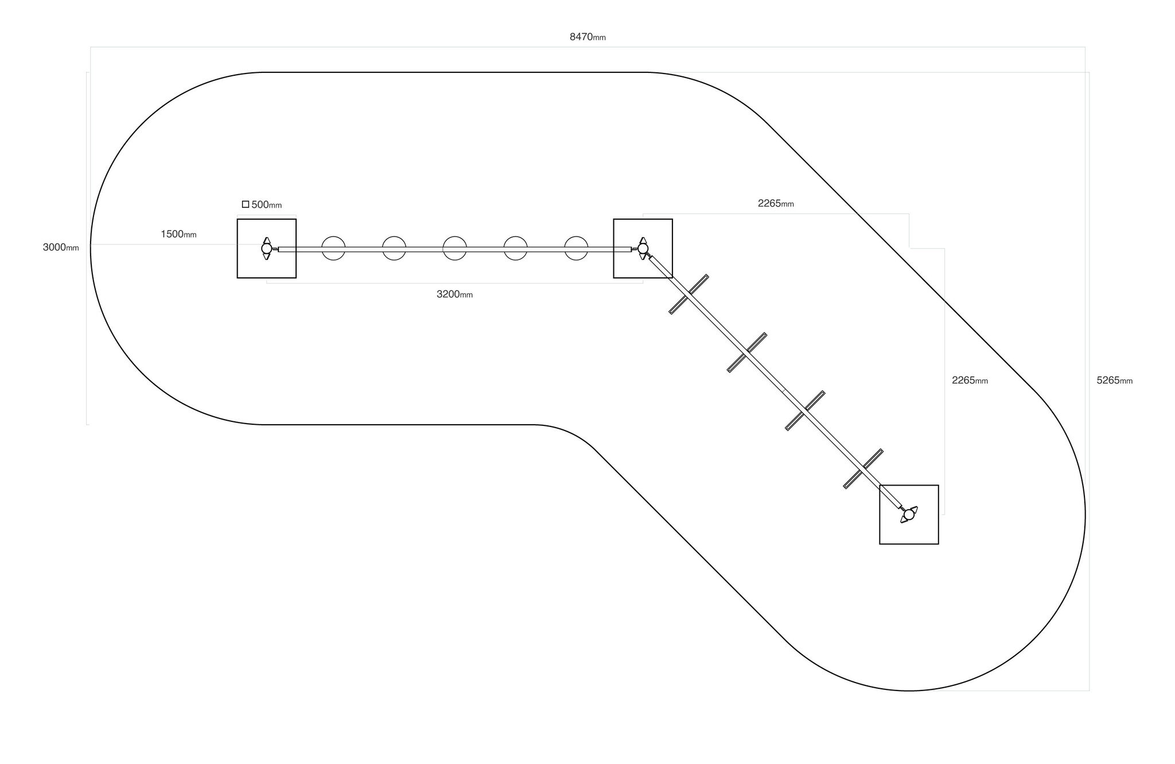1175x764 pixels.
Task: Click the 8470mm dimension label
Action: [587, 37]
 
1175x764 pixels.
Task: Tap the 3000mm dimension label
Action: [61, 247]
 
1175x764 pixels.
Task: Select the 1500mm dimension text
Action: [178, 234]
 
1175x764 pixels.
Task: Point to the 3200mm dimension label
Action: [454, 294]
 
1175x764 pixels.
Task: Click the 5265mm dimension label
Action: [1114, 381]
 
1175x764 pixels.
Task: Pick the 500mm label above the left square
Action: [267, 205]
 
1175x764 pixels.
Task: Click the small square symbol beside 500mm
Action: [246, 204]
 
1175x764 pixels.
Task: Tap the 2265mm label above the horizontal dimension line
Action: [776, 203]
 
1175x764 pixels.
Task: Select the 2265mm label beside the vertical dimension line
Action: [970, 381]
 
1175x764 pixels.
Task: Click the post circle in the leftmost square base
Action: [266, 249]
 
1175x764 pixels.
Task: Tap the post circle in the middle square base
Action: [643, 249]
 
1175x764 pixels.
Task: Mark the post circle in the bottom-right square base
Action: [909, 514]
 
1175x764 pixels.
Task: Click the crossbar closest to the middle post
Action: [688, 294]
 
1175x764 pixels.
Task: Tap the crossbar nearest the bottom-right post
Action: [863, 469]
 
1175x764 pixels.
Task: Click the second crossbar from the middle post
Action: [747, 352]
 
